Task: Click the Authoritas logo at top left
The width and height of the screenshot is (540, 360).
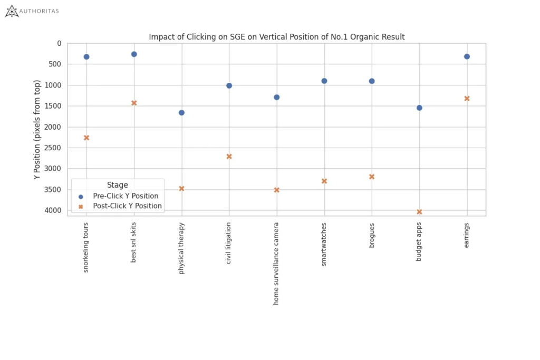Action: pos(32,11)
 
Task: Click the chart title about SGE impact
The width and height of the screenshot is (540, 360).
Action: pos(276,37)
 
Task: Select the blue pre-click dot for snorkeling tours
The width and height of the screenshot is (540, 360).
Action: pos(86,57)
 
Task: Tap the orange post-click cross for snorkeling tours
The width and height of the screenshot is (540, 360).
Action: pos(86,138)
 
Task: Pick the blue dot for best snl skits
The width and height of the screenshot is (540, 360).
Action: pos(134,54)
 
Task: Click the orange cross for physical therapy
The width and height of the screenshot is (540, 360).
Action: pos(181,188)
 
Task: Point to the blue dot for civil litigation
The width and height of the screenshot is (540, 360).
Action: pos(229,85)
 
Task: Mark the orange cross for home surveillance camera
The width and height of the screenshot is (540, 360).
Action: pos(277,190)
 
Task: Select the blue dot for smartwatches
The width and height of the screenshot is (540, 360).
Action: pos(324,81)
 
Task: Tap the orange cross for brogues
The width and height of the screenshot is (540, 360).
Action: pos(372,177)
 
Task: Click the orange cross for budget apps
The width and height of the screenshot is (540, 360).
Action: pos(419,212)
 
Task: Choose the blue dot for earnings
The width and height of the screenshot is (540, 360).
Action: pos(467,56)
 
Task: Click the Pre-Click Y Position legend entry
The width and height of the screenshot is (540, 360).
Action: pos(125,196)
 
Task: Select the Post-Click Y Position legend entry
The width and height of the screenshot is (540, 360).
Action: pos(127,206)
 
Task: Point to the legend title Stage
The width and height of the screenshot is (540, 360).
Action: pos(117,185)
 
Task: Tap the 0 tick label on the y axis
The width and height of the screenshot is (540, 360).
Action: pos(59,43)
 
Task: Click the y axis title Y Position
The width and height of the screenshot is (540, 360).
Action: pos(37,130)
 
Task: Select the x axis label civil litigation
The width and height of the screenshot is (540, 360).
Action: pos(229,243)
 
